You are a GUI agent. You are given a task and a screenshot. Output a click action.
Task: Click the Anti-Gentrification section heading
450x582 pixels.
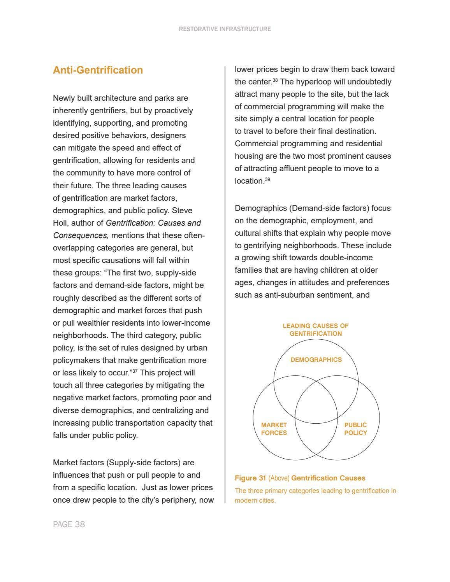tap(98, 70)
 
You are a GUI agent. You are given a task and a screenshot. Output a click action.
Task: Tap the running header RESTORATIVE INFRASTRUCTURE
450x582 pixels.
tap(225, 29)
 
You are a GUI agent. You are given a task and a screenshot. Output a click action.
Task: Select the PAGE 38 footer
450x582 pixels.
tap(69, 524)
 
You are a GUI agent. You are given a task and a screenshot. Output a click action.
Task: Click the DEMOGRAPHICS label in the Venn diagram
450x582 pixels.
tap(316, 360)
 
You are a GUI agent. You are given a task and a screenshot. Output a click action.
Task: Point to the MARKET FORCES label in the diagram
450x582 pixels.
tap(274, 429)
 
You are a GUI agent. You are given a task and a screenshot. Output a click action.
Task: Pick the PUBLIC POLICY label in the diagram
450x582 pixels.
tap(355, 429)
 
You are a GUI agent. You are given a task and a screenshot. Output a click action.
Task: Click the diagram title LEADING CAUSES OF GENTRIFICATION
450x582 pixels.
tap(316, 330)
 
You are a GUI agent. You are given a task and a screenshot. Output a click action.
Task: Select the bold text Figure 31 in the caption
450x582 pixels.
tap(250, 478)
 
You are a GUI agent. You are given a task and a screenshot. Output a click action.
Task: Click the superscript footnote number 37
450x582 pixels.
tap(135, 371)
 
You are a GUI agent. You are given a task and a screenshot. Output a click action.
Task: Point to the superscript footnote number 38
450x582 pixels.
tap(275, 80)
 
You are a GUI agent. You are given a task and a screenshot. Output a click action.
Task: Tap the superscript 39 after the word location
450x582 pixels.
tap(267, 179)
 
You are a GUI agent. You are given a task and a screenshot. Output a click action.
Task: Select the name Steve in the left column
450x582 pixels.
tap(182, 210)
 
